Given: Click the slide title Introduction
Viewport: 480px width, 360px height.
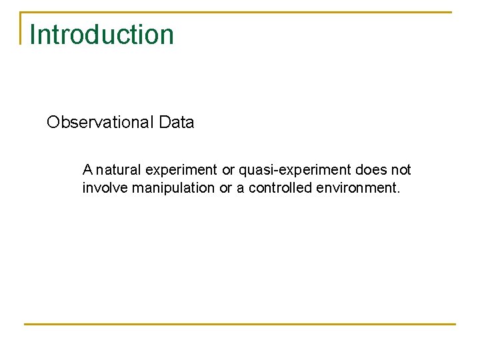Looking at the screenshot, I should pos(102,35).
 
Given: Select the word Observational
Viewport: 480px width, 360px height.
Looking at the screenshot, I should pos(101,123).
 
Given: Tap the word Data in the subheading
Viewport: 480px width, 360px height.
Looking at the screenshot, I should pos(177,123).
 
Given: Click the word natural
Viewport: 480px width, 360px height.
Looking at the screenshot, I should pos(118,170).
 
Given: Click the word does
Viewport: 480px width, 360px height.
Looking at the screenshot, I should pos(371,170).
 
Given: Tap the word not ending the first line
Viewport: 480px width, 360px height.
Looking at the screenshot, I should pos(401,170).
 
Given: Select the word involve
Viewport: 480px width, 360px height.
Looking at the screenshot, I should pos(105,188).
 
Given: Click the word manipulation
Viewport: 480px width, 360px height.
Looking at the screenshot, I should pos(173,188).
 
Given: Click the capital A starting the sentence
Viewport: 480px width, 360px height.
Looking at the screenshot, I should pos(87,170).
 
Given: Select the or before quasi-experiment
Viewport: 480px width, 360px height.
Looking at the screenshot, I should pos(228,170).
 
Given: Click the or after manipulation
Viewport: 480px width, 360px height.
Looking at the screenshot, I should pos(225,188).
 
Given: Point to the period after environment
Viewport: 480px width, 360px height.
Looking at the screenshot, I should pos(399,191).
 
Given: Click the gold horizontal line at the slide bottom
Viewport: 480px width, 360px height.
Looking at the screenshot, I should pos(240,324).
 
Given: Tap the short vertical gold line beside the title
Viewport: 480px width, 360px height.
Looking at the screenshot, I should pos(21,28).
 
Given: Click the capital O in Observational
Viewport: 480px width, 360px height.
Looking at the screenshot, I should pos(53,123).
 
